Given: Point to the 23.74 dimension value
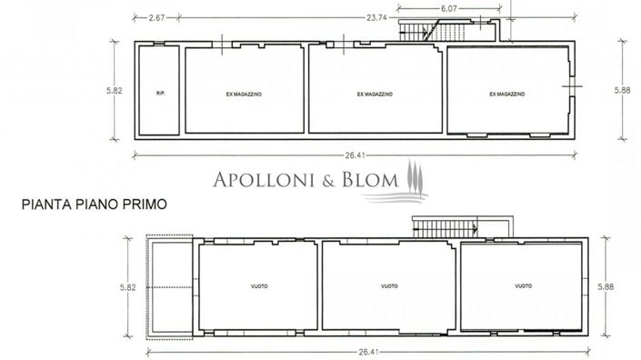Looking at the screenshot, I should coord(352,16).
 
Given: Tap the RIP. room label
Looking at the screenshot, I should coord(160,93).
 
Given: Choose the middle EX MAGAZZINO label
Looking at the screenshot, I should coord(374,93).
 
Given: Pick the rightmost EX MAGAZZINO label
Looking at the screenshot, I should coord(507,93).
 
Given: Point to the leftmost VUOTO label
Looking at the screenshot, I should coord(259,286).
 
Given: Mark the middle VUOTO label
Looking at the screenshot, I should coord(390,286).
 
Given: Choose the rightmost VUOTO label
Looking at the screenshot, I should coord(522,286).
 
